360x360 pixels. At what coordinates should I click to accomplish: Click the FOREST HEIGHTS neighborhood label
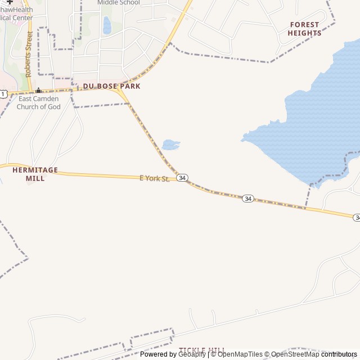tap(304, 29)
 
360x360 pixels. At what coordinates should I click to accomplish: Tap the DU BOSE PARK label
tap(112, 86)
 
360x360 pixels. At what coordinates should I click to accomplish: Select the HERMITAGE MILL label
tap(35, 174)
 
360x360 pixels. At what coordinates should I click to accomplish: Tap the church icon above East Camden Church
tap(38, 91)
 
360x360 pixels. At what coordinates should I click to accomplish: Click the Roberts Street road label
tap(29, 54)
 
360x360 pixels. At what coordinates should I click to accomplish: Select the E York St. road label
tap(154, 178)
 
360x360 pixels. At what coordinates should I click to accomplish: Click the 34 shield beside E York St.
tap(182, 178)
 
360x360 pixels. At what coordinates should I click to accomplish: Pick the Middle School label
tap(118, 2)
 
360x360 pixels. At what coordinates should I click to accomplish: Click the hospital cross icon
tap(10, 2)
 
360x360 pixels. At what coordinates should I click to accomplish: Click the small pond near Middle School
tap(107, 25)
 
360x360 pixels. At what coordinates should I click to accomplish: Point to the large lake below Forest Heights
tap(315, 124)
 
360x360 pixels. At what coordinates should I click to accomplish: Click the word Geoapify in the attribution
tap(192, 354)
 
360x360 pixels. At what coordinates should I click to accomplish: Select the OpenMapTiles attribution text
tap(240, 354)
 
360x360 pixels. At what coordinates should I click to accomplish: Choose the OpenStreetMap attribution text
tap(295, 354)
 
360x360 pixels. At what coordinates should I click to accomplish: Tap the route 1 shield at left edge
tap(3, 93)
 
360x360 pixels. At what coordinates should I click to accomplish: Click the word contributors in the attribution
tap(339, 354)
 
